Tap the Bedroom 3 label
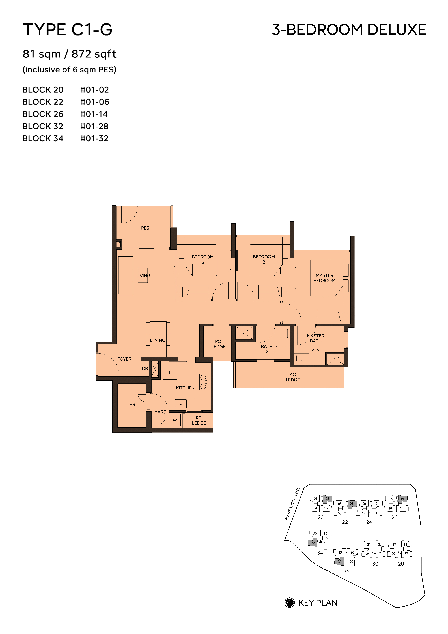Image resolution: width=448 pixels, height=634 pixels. (203, 260)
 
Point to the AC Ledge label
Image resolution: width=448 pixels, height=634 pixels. (293, 377)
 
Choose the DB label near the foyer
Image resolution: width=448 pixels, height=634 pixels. (145, 369)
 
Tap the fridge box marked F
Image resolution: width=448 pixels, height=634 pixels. (170, 372)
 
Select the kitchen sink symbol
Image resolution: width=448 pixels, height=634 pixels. (181, 404)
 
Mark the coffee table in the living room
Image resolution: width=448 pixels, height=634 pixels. (143, 275)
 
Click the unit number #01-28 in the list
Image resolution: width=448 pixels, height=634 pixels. (94, 127)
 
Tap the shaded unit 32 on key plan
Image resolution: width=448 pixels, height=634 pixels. (313, 543)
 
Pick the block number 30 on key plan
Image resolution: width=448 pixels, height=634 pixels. (375, 564)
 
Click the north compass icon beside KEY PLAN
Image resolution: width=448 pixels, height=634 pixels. (290, 603)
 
